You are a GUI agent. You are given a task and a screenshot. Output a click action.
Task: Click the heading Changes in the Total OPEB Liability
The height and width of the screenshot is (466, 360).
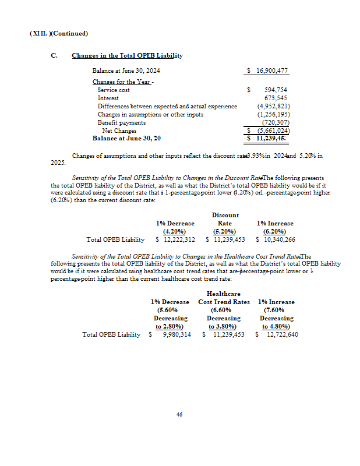(x=127, y=55)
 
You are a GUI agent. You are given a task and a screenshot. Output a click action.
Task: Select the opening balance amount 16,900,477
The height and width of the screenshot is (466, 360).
(x=271, y=70)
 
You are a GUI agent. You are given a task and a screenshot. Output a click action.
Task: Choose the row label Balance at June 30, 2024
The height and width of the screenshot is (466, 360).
(x=126, y=70)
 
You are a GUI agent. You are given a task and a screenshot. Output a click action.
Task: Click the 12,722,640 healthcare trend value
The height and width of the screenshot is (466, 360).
(x=280, y=334)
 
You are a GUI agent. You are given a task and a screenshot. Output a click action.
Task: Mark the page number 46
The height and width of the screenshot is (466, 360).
(x=179, y=414)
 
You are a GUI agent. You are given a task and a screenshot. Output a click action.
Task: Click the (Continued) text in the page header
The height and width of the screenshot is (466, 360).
(x=70, y=33)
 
